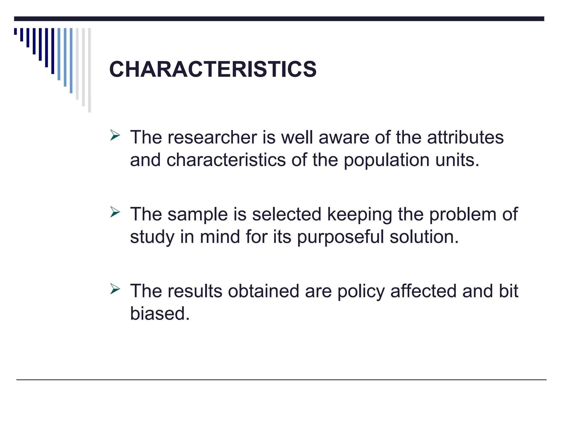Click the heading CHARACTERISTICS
pos(213,69)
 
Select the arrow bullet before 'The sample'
pos(115,212)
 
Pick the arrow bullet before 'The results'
pos(115,289)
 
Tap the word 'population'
pos(387,160)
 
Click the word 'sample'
pos(198,214)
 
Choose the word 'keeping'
pos(360,215)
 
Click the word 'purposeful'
pos(340,237)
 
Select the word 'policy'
pos(361,292)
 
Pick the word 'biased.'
pos(160,313)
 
